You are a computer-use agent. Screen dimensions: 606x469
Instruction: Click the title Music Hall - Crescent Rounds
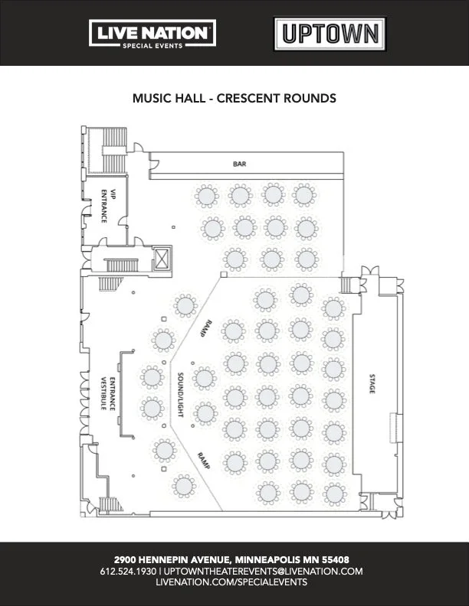tap(235, 99)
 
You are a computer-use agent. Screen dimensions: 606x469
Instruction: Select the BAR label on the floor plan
tap(239, 164)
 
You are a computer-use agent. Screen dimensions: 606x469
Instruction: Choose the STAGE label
tap(372, 386)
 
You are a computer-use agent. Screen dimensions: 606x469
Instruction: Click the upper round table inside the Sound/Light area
tap(204, 377)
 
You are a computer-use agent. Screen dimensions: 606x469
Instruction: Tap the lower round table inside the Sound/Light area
tap(205, 413)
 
